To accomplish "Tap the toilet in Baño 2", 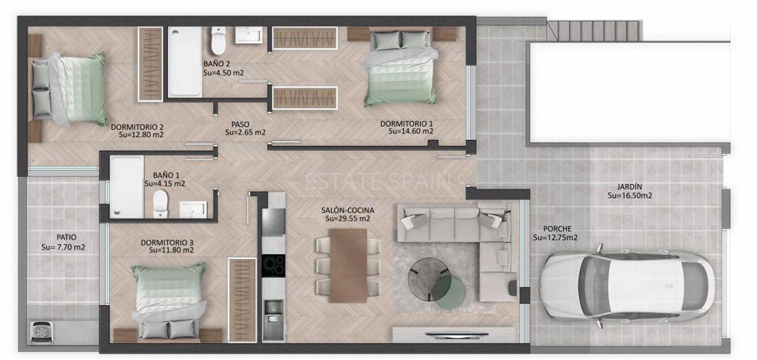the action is pos(218,40).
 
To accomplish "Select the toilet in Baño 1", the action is pos(161,203).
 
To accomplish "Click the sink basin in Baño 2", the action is pos(248,35).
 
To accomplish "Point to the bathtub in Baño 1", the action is pos(127,187).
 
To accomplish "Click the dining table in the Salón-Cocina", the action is pos(348,266).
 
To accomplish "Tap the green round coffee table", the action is pos(450,292).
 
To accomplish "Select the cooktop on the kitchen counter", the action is pos(273,266).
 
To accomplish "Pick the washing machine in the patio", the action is pos(42,332).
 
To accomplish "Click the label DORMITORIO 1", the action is pos(407,124).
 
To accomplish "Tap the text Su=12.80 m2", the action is pos(141,135).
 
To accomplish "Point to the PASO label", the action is pos(240,124).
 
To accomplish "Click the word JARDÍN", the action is pos(629,187).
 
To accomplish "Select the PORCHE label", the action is pos(557,229).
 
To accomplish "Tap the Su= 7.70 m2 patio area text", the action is pos(63,247).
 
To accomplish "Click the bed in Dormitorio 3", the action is pos(168,301).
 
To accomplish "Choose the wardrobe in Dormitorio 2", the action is pos(150,64).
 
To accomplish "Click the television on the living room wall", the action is pos(457,335).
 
